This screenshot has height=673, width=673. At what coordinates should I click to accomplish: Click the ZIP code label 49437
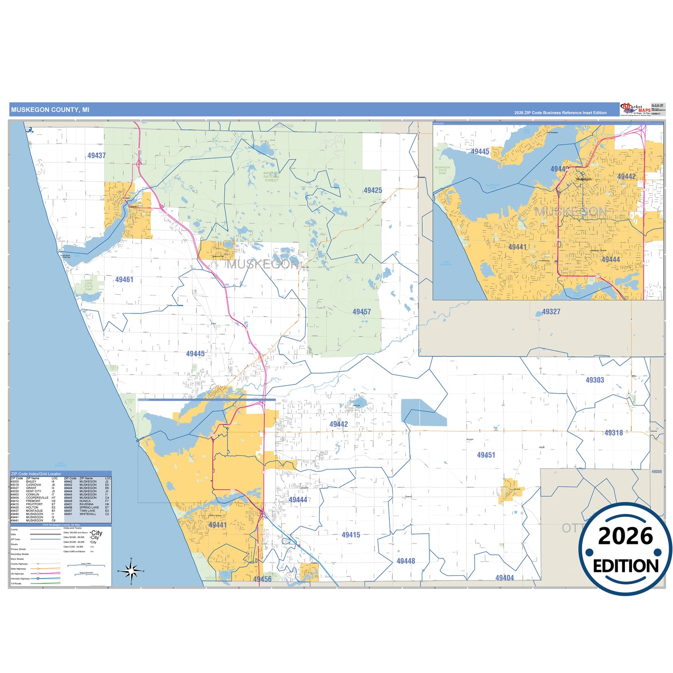click(x=96, y=156)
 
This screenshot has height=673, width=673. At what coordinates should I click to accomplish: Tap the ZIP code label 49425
click(x=373, y=190)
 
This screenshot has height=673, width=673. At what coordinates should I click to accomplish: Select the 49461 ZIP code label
click(x=124, y=279)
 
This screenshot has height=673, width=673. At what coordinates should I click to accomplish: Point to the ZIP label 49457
click(x=361, y=312)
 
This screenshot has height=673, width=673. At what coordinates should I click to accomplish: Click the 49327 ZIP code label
click(x=551, y=312)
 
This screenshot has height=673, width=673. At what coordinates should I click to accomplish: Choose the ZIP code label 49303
click(x=595, y=380)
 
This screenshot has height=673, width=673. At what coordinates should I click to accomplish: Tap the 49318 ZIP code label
click(x=613, y=433)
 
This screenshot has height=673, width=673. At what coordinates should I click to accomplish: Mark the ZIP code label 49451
click(x=486, y=455)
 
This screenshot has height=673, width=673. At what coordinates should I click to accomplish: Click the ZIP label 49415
click(x=351, y=535)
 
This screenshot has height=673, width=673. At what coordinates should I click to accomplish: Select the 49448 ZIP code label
click(x=406, y=561)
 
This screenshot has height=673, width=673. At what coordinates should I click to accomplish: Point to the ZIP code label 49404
click(x=504, y=578)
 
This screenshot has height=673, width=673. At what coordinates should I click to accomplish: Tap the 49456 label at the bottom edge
click(x=262, y=579)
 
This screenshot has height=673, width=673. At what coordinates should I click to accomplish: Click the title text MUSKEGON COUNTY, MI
click(x=50, y=110)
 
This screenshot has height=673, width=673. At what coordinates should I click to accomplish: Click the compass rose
click(x=132, y=571)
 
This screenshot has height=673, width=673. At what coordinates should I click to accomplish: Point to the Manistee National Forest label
click(x=272, y=177)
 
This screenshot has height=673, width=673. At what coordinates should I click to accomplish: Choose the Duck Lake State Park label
click(x=88, y=285)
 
